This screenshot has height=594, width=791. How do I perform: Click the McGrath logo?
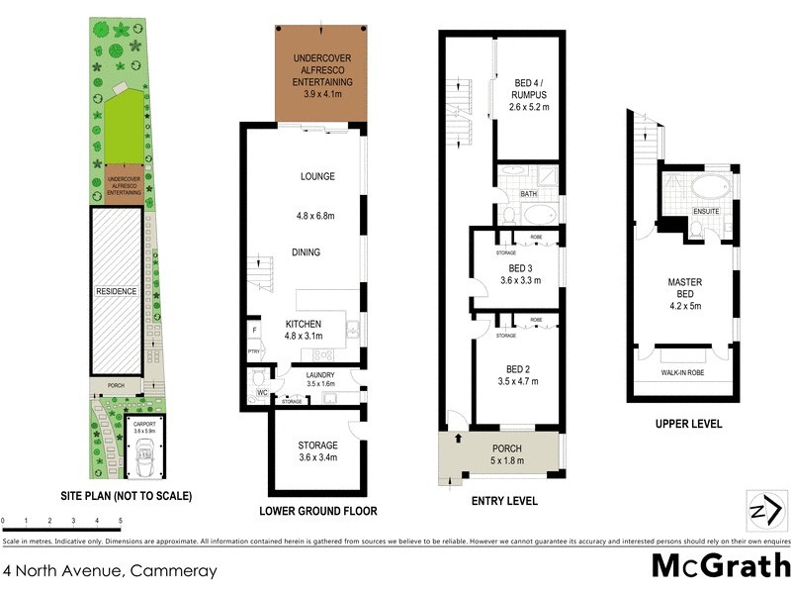point(721,566)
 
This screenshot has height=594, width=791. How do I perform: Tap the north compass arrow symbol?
point(762,511)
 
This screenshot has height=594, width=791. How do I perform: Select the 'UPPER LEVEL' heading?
point(688,424)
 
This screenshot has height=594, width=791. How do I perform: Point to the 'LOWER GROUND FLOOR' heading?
point(317,512)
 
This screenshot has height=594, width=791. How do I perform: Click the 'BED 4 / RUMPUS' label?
point(529,90)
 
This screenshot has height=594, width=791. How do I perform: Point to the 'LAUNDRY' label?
point(319,375)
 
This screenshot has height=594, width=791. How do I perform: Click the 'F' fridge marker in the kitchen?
point(253,331)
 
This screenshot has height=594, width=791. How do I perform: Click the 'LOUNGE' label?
point(317,176)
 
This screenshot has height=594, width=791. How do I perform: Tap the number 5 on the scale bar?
point(121,520)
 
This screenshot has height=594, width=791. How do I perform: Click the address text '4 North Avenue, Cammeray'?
point(110,571)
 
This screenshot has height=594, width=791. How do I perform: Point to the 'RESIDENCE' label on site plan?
point(117,292)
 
